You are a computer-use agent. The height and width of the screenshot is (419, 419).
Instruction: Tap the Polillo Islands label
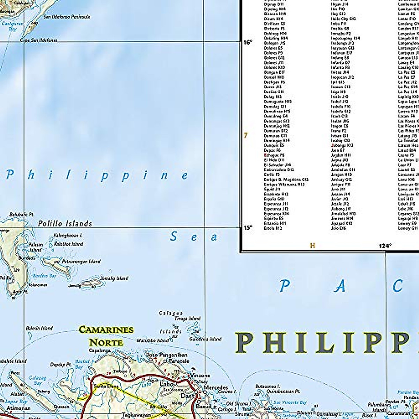click(x=65, y=223)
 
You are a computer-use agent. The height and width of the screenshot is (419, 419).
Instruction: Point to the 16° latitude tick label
click(x=247, y=42)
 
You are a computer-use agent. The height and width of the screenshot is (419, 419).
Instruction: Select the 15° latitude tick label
click(x=247, y=228)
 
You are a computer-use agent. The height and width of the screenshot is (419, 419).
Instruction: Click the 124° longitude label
click(x=385, y=246)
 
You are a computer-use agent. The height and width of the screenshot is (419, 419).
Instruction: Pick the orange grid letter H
click(x=313, y=246)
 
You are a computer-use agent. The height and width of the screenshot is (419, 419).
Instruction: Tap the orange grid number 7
click(x=245, y=135)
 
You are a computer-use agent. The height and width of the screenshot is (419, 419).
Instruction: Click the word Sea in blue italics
click(x=194, y=237)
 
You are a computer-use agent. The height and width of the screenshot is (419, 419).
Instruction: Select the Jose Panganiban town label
click(x=166, y=355)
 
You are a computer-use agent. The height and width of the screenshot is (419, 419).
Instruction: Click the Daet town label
click(x=187, y=396)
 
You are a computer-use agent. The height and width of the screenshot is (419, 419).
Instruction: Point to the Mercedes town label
click(x=215, y=388)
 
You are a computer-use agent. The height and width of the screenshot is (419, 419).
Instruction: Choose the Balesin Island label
click(x=39, y=328)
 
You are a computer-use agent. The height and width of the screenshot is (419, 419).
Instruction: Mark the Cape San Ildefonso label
click(x=38, y=40)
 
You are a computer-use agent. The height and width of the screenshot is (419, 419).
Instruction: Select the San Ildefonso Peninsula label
click(x=66, y=17)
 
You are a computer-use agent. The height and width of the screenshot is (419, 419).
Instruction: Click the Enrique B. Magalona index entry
click(x=286, y=179)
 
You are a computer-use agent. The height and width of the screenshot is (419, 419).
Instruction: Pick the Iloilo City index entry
click(x=343, y=19)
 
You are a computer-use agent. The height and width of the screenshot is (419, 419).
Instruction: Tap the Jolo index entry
click(x=338, y=228)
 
